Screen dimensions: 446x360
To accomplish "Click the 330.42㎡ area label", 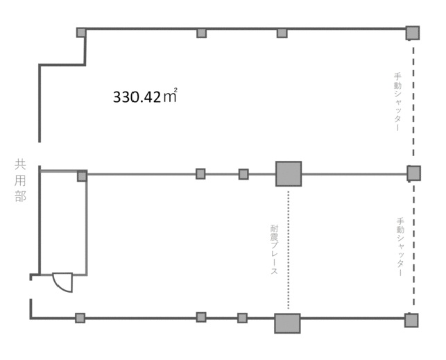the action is [145, 96].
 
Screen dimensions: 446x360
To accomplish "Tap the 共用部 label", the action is [21, 181].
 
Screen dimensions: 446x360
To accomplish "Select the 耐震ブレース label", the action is [274, 250].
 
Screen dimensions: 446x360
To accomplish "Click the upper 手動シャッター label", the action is [397, 102].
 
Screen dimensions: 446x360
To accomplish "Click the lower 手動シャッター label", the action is [400, 247].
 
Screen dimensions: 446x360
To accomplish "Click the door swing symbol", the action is [63, 282].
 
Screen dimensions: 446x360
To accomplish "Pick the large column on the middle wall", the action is [289, 173].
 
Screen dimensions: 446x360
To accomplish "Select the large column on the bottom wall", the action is [287, 323].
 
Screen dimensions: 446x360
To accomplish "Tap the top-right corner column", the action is [413, 33].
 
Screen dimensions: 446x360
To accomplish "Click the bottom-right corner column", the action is [411, 320].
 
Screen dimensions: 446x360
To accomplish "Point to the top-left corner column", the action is [81, 33].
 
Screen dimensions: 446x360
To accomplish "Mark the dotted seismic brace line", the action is [289, 250].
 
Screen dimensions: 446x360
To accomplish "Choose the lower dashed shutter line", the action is [414, 244].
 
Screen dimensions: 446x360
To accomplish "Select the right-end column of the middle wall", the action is [413, 173].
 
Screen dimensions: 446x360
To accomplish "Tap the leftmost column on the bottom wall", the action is [80, 318].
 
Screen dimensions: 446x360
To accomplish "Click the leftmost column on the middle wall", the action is [83, 176].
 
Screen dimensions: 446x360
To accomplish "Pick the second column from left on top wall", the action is [201, 33].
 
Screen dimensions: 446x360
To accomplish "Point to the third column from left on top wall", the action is [282, 33].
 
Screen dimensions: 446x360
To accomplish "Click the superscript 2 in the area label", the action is [175, 89].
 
